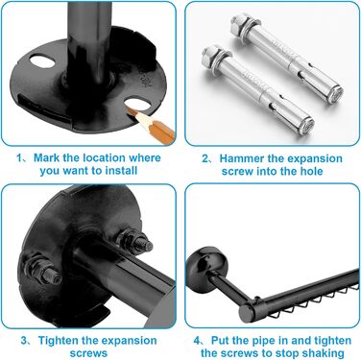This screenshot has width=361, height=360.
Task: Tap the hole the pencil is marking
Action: pyautogui.click(x=137, y=106)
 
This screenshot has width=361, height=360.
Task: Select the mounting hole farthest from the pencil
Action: pyautogui.click(x=42, y=60)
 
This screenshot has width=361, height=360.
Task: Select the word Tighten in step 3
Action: pyautogui.click(x=59, y=341)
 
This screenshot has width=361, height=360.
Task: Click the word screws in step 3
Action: pyautogui.click(x=88, y=353)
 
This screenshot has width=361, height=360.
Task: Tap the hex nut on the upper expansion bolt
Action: pyautogui.click(x=237, y=25)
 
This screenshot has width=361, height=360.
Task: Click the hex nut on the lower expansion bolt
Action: pyautogui.click(x=209, y=58)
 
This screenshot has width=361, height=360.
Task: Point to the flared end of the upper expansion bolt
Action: pyautogui.click(x=335, y=94)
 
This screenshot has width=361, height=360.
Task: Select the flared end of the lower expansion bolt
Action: pyautogui.click(x=305, y=126)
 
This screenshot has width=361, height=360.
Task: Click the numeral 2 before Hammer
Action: pyautogui.click(x=205, y=158)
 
